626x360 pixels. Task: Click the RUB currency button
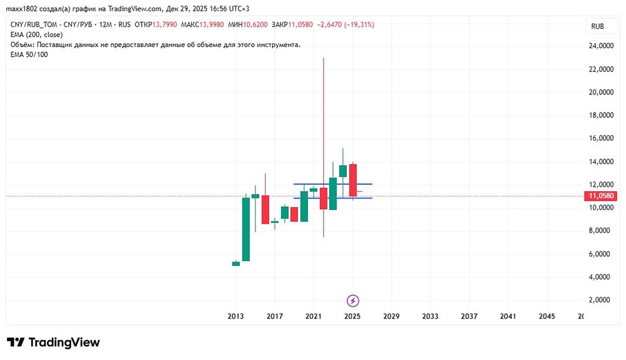tap(598, 26)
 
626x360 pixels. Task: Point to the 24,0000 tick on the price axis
tap(600, 46)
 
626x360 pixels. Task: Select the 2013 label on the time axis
tap(235, 317)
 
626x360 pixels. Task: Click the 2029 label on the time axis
tap(391, 317)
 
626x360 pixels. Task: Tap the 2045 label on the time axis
tap(546, 317)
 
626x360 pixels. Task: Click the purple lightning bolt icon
tap(352, 301)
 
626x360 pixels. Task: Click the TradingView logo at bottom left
tap(53, 342)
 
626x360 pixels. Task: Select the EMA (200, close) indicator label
tap(36, 34)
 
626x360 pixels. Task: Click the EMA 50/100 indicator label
tap(29, 54)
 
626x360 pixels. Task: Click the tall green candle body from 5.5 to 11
tap(246, 229)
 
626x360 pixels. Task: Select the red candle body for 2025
tap(352, 180)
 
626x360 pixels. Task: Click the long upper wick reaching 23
tap(323, 113)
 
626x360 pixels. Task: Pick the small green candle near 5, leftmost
tap(236, 264)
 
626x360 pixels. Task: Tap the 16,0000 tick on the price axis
tap(600, 138)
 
